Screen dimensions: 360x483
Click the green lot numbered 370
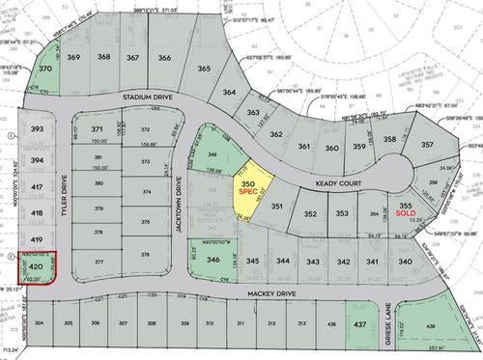pos(44,70)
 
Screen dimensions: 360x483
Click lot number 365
pos(204,69)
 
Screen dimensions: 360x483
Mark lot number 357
pos(428,146)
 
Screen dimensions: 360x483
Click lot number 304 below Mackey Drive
pos(40,323)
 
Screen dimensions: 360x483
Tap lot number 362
pos(276,135)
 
